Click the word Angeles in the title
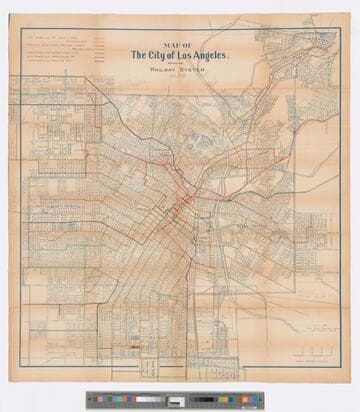click(x=218, y=54)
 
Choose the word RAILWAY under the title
click(x=163, y=70)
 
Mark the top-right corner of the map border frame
click(x=340, y=28)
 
